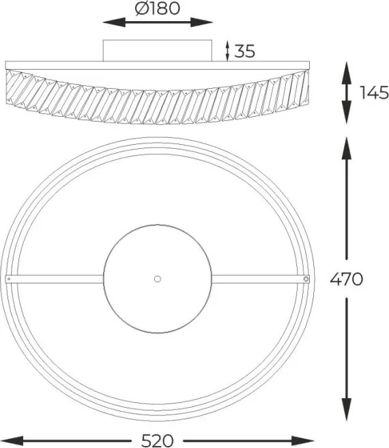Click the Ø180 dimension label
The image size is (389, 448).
tap(158, 8)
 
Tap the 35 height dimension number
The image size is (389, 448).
tap(244, 51)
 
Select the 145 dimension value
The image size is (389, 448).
tap(374, 93)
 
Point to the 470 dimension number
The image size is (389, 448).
tap(347, 279)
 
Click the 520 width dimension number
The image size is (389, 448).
tap(158, 440)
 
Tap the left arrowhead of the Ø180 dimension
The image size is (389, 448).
tap(114, 23)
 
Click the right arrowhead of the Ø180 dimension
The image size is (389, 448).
tap(201, 23)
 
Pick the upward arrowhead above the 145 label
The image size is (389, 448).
tap(347, 73)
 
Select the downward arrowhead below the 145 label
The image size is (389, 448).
tap(347, 112)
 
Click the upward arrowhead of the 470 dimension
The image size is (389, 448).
tap(347, 149)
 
